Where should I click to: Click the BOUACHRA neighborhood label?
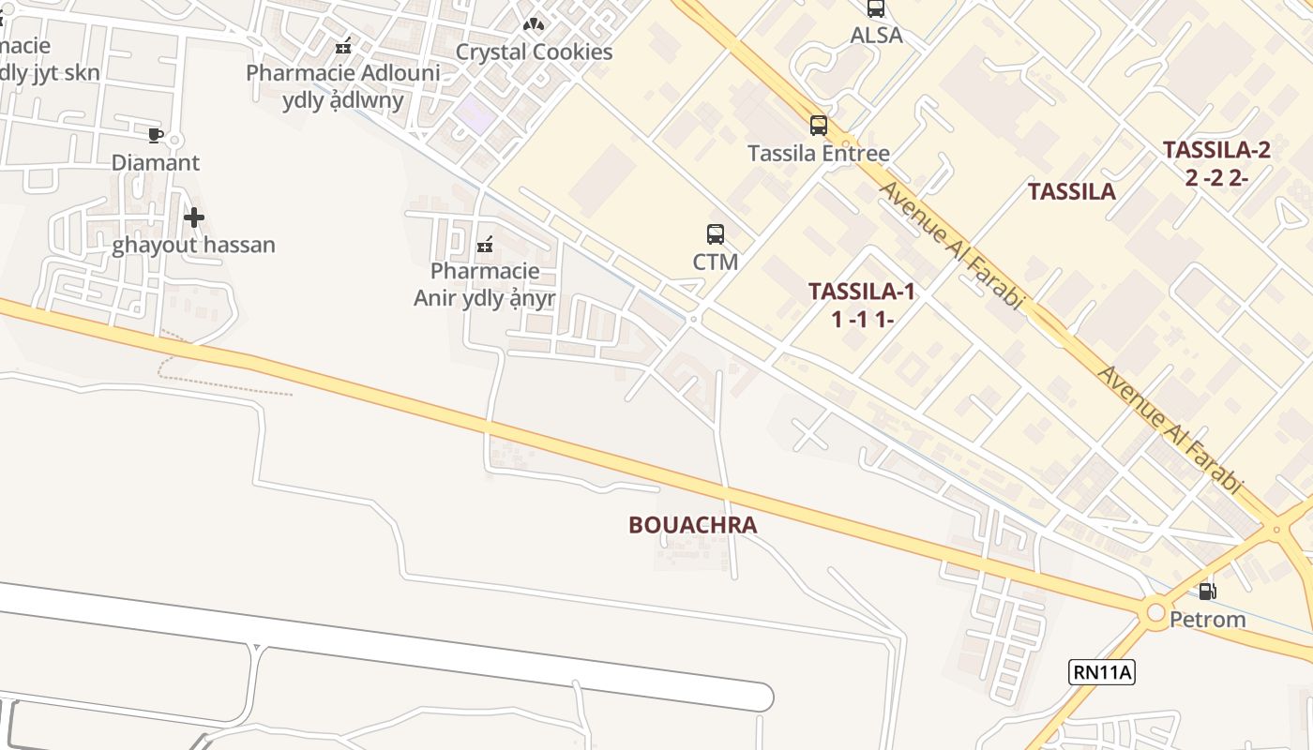point(692,525)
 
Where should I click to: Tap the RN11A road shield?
point(1102,671)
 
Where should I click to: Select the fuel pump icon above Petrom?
point(1208,591)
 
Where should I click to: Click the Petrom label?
point(1207,620)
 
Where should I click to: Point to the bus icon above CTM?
point(716,233)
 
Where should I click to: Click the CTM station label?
point(716,262)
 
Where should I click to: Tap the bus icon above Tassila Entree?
point(819,125)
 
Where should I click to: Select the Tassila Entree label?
point(819,153)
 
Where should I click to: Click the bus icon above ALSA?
point(876,8)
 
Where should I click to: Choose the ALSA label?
point(876,36)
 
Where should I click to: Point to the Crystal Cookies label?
point(534,52)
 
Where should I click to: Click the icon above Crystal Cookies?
point(534,23)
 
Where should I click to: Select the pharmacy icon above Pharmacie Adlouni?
point(343,45)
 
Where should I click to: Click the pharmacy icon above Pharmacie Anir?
point(485,245)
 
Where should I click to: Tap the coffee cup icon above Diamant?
point(156,135)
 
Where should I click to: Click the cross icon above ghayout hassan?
point(194,217)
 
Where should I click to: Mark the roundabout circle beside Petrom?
point(1155,612)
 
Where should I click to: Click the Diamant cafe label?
point(156,163)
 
